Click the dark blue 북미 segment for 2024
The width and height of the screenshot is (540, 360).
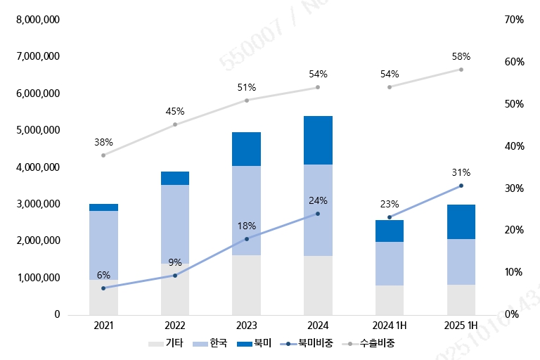pos(318,140)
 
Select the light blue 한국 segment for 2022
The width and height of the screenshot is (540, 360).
pos(175,224)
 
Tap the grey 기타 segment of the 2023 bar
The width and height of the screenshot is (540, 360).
pos(247,284)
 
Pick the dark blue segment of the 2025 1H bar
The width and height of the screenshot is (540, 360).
pos(461,221)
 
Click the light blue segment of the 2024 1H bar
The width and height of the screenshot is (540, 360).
pos(390,263)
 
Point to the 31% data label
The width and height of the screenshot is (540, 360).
pos(461,173)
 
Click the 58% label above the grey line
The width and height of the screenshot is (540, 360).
pos(461,56)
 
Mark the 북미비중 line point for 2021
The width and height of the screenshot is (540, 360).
pos(103,288)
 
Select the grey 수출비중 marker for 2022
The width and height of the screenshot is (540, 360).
pos(175,124)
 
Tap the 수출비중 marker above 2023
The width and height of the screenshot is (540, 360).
pos(247,101)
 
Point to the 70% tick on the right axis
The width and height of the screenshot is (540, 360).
pos(514,20)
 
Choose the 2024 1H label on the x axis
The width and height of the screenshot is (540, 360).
pos(390,326)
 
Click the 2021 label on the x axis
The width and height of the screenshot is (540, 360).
pos(103,326)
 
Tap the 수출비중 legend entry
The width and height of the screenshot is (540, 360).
pos(372,344)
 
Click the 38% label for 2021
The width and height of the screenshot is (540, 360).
pos(103,142)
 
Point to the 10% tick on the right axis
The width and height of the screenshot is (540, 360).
pos(514,272)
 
